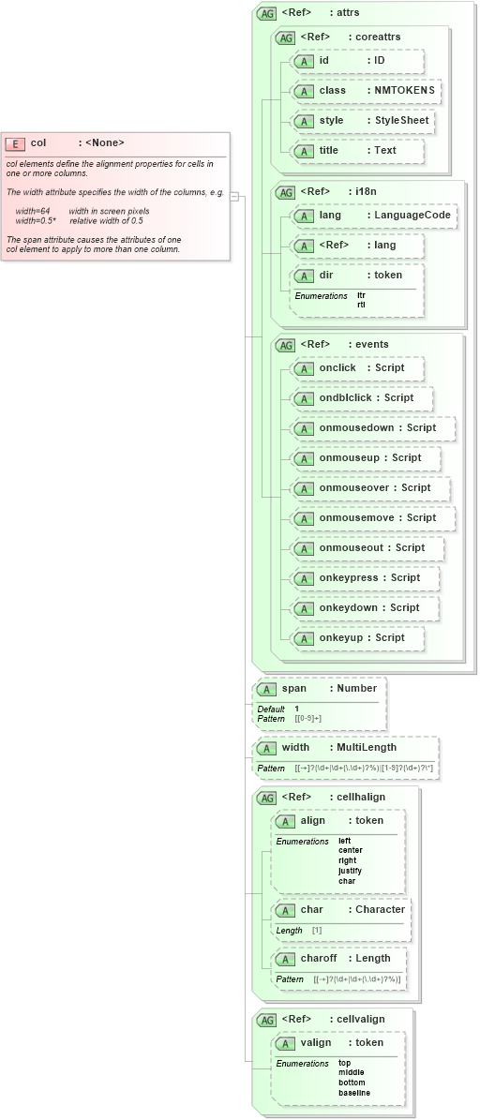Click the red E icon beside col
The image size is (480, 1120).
(15, 143)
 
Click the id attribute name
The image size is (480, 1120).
(324, 61)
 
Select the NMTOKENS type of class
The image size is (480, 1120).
(405, 91)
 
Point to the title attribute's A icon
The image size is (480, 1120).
(303, 151)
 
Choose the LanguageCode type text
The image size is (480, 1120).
(413, 215)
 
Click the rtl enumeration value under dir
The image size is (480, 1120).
(361, 305)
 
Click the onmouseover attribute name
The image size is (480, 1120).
(353, 488)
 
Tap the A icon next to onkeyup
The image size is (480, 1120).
(303, 638)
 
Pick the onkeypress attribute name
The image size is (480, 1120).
(349, 578)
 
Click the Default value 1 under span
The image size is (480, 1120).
(297, 709)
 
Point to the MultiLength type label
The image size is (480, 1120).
(367, 748)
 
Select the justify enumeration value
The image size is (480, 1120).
(350, 871)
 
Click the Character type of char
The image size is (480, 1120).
(380, 910)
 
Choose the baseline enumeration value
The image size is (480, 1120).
(354, 1093)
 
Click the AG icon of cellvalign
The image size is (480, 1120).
(266, 1020)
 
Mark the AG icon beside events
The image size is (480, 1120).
(285, 345)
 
